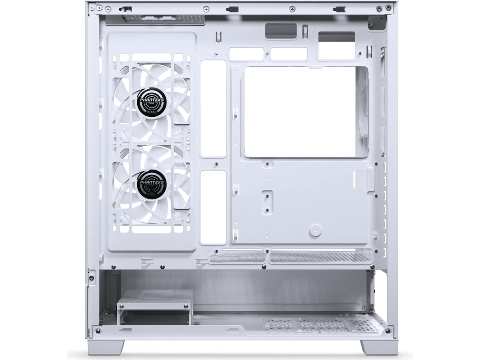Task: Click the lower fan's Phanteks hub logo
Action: (x=152, y=183)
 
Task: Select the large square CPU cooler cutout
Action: (x=306, y=112)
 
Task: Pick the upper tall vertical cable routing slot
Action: (x=213, y=108)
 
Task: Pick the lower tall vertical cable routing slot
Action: (x=213, y=207)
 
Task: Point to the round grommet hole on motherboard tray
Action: (x=316, y=230)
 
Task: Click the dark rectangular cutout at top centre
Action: (x=281, y=31)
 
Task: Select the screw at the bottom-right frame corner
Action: (x=387, y=331)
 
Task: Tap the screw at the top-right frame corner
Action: (x=387, y=8)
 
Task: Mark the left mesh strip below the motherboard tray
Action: (x=237, y=257)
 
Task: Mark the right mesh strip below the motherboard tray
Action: (x=320, y=257)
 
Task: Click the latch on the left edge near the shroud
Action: (x=92, y=276)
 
